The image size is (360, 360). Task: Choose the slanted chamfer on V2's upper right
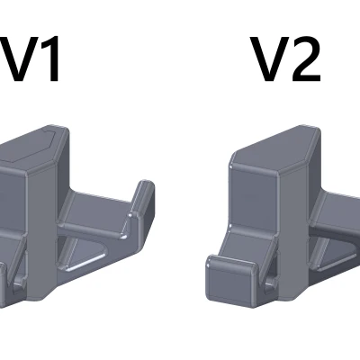[310, 157]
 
